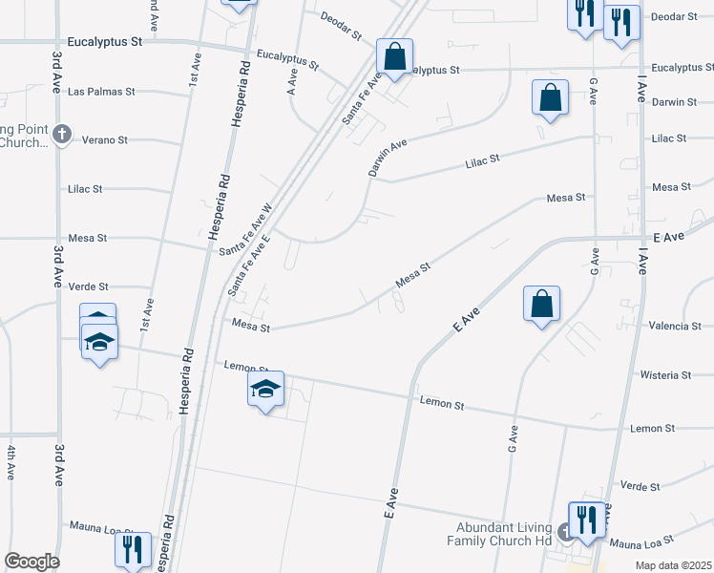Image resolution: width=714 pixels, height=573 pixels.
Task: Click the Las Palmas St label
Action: pyautogui.click(x=101, y=92)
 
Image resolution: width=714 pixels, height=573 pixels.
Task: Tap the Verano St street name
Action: pyautogui.click(x=104, y=139)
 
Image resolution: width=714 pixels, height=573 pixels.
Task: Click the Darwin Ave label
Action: pyautogui.click(x=388, y=158)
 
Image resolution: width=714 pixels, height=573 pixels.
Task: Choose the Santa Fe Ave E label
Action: pyautogui.click(x=251, y=263)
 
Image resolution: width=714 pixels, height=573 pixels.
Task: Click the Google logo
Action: pyautogui.click(x=31, y=561)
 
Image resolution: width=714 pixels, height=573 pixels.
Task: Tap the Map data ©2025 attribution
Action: pyautogui.click(x=673, y=565)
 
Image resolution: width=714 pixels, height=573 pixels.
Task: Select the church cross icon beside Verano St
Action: pyautogui.click(x=62, y=134)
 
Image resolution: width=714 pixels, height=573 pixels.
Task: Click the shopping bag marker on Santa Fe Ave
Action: pyautogui.click(x=393, y=57)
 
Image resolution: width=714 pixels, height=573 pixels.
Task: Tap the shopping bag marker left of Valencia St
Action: pyautogui.click(x=541, y=304)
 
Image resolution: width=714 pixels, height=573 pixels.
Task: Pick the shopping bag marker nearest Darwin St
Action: pyautogui.click(x=551, y=97)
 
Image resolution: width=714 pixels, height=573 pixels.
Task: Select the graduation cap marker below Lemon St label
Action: pyautogui.click(x=266, y=390)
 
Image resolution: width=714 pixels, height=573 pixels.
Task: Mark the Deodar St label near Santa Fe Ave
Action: pyautogui.click(x=341, y=26)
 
